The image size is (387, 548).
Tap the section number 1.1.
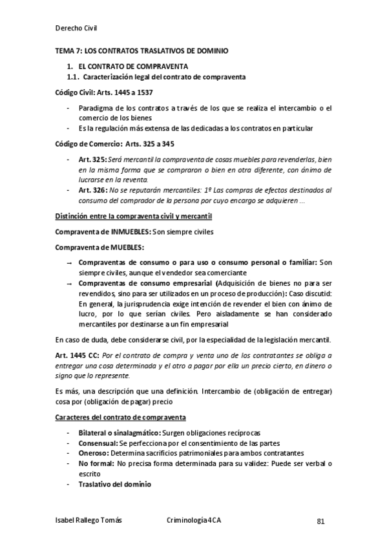pos(73,78)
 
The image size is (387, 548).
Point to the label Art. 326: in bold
pos(92,190)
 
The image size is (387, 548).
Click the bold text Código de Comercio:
pos(87,143)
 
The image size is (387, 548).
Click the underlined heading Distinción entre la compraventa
pos(132,215)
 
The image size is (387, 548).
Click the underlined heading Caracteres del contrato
pos(120,417)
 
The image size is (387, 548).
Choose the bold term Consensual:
pos(98,443)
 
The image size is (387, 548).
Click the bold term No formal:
pos(96,464)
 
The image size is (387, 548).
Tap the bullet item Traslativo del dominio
pos(114,485)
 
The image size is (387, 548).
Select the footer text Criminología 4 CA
pos(193,520)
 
